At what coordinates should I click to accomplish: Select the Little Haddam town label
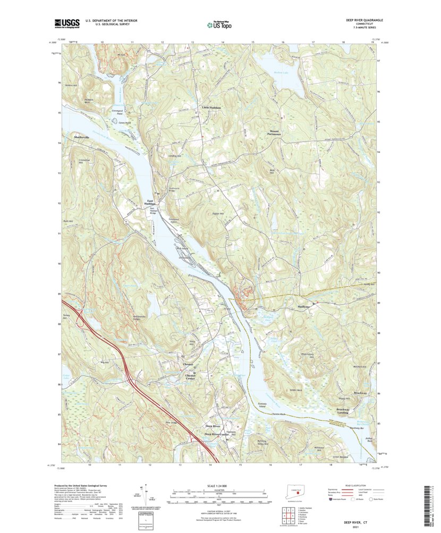[x=211, y=107]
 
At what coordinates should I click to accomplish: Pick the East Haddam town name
[x=151, y=203]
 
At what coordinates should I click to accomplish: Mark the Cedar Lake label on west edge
[x=66, y=368]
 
